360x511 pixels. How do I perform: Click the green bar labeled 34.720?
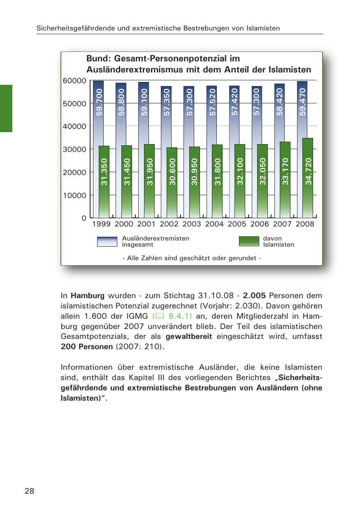point(308,177)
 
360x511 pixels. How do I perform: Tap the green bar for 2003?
point(195,182)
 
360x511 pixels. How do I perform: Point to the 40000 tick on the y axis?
point(74,126)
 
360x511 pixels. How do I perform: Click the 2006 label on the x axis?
point(260,224)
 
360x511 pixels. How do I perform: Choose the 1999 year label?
point(101,224)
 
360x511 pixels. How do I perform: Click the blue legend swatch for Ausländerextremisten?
point(107,241)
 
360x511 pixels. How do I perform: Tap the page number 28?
point(29,491)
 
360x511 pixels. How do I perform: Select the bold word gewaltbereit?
point(188,336)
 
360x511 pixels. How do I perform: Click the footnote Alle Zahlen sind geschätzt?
point(191,258)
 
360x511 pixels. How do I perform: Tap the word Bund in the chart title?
point(97,59)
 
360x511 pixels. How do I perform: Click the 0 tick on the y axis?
point(84,218)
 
